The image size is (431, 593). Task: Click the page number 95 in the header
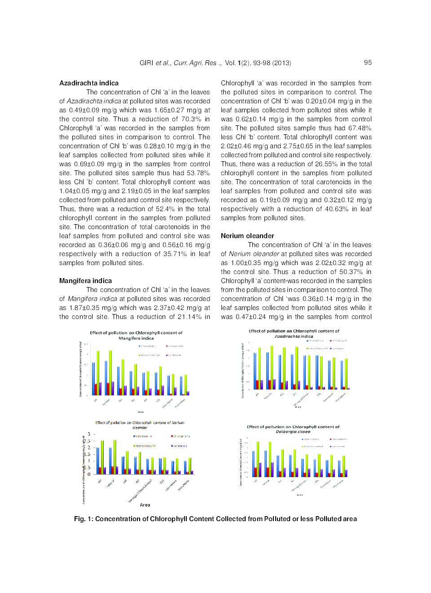[x=368, y=62]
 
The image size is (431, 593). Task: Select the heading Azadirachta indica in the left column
[x=89, y=83]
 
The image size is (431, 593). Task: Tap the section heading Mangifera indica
[x=85, y=281]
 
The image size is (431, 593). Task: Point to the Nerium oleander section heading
[x=247, y=236]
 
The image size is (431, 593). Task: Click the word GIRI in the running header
[x=146, y=63]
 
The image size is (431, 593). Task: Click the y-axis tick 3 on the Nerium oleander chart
[x=89, y=434]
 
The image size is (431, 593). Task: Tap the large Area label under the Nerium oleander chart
[x=145, y=505]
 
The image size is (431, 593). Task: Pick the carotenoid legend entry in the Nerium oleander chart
[x=179, y=446]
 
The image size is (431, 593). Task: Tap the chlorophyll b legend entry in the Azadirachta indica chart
[x=338, y=341]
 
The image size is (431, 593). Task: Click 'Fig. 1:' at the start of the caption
[x=84, y=519]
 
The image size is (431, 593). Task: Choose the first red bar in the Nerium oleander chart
[x=100, y=470]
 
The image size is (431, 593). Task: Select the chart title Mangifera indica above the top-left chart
[x=136, y=338]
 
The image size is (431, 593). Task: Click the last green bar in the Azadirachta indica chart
[x=346, y=373]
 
